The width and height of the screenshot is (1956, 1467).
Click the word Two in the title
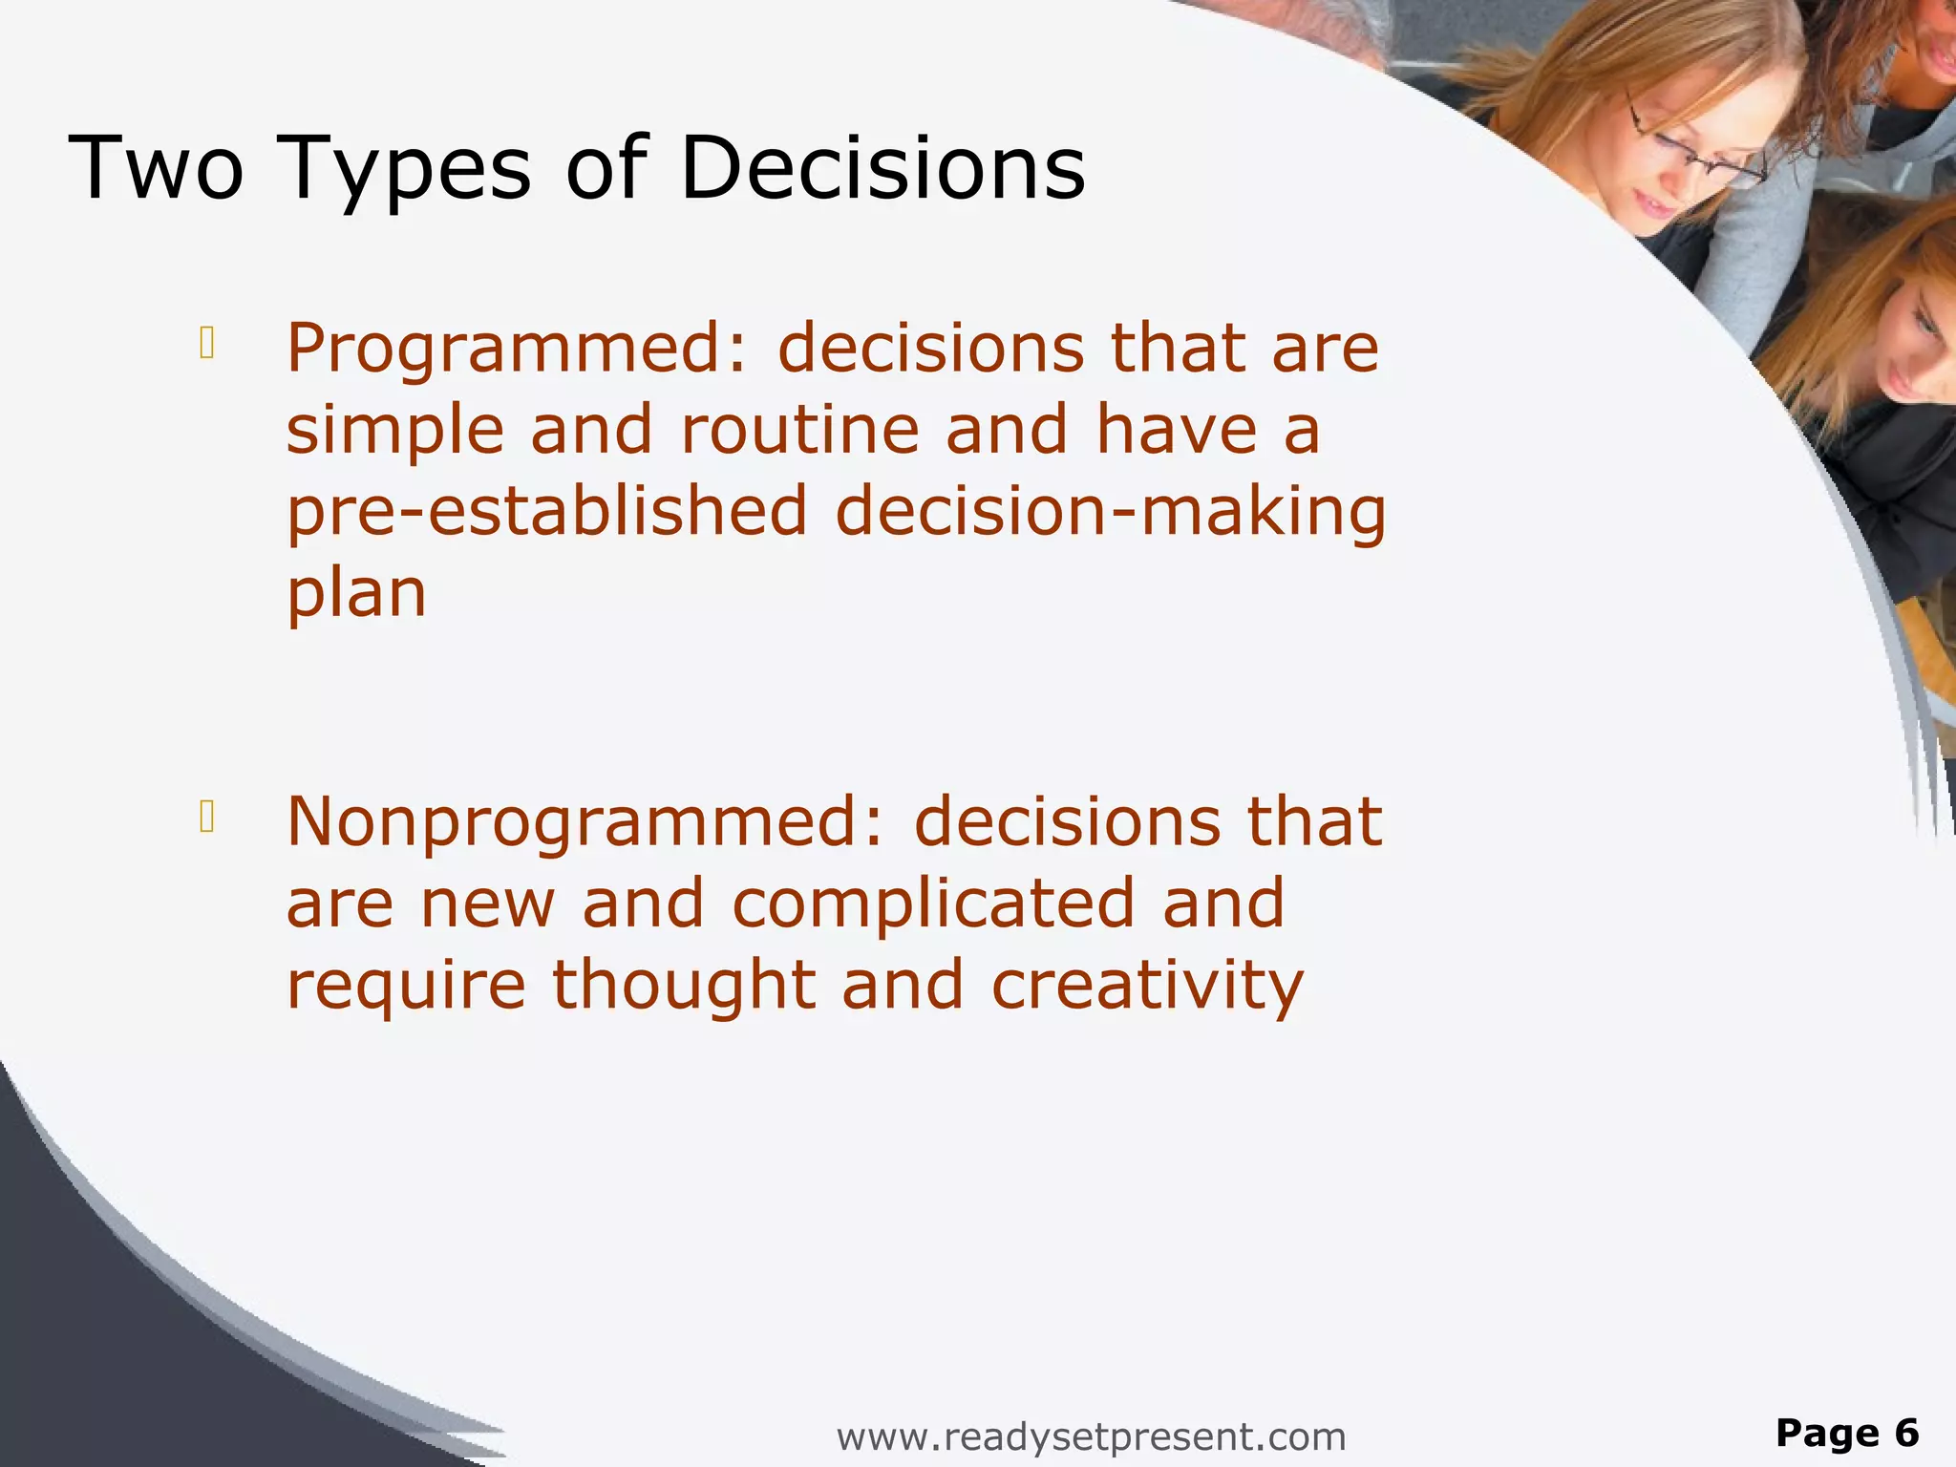(157, 168)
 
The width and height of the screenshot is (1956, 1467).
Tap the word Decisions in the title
(882, 168)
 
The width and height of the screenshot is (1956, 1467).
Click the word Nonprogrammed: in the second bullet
(585, 823)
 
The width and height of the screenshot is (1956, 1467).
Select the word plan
(356, 594)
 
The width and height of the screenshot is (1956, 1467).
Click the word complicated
(933, 904)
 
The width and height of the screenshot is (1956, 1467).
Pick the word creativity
(1147, 986)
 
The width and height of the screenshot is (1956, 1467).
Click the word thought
(683, 986)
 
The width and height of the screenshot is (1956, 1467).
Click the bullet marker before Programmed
(206, 343)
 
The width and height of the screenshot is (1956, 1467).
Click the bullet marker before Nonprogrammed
(206, 817)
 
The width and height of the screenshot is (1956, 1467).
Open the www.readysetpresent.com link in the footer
(1091, 1436)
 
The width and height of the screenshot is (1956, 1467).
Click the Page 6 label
(1847, 1433)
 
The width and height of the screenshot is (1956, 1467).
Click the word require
(406, 986)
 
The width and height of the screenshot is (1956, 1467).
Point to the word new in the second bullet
(487, 904)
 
